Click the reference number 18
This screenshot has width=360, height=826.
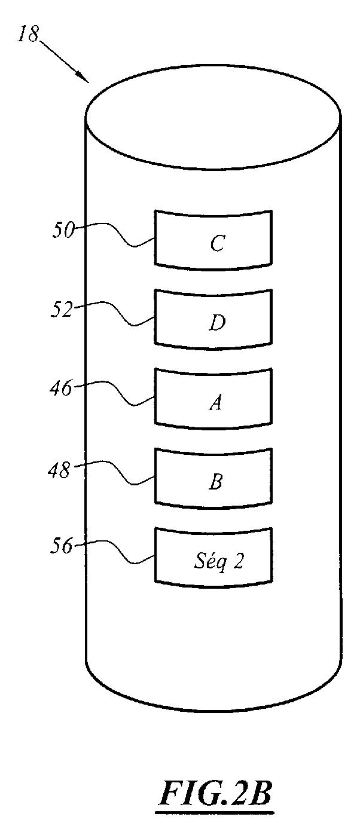[28, 33]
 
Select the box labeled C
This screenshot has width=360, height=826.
[213, 240]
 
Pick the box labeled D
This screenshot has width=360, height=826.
[213, 319]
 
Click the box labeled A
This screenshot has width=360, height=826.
[213, 399]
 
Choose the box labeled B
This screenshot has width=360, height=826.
[213, 478]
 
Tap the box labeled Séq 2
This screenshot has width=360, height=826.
[213, 558]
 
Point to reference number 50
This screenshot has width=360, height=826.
[63, 231]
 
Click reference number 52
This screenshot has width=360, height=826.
[61, 310]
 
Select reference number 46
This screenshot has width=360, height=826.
[61, 388]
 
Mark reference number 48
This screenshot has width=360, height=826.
[59, 470]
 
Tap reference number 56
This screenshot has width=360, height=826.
[61, 546]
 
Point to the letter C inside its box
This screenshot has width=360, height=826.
[217, 243]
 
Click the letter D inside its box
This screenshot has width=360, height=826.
[217, 323]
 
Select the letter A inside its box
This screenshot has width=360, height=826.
[216, 402]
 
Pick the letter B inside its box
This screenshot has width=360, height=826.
[216, 482]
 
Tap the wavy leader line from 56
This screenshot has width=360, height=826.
[114, 551]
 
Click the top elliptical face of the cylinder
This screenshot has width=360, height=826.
[213, 118]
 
